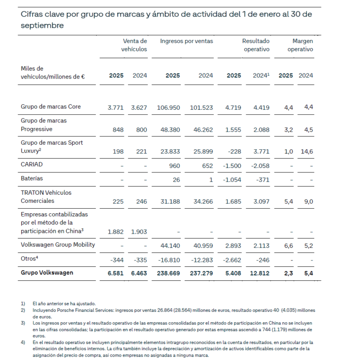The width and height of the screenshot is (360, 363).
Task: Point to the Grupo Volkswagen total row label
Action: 47,273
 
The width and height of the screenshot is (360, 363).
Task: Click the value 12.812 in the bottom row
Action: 259,273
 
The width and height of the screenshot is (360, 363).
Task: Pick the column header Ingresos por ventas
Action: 186,41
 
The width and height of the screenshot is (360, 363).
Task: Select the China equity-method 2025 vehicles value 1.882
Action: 115,231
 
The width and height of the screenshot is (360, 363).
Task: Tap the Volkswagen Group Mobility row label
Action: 58,244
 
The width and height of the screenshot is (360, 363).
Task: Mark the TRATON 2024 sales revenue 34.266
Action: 202,201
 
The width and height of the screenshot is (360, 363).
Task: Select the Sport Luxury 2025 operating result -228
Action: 234,152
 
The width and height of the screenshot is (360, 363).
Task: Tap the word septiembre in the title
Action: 42,25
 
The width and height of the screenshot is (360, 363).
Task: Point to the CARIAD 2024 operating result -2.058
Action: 259,166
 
